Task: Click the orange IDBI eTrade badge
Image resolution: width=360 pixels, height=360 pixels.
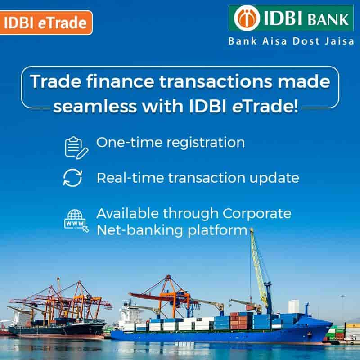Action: (x=46, y=23)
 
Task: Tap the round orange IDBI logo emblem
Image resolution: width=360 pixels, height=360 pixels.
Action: (x=247, y=18)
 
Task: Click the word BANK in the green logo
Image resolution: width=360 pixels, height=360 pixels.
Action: (x=328, y=19)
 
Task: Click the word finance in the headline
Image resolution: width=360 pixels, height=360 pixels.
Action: (x=120, y=81)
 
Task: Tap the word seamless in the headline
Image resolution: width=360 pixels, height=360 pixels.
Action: (x=95, y=106)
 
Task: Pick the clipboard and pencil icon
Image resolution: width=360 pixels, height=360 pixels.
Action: (x=76, y=148)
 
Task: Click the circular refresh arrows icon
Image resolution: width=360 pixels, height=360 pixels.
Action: (x=72, y=178)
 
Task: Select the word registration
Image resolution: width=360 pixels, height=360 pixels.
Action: (x=206, y=143)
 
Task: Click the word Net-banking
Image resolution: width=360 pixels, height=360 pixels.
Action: (x=140, y=230)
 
